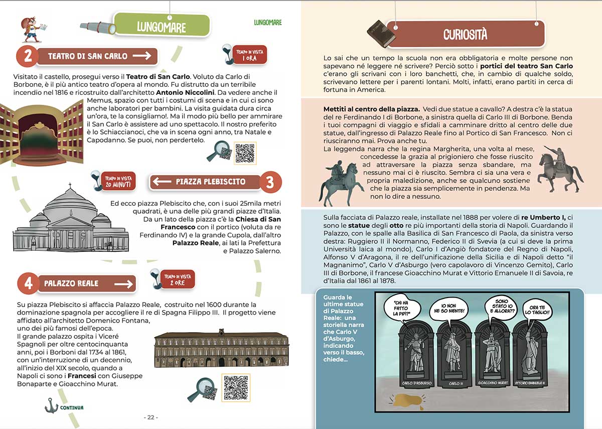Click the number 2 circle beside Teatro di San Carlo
(x=28, y=56)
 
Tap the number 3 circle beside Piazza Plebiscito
(x=270, y=182)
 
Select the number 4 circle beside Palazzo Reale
(x=28, y=283)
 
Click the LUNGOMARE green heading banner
(x=162, y=26)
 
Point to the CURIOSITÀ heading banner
(x=465, y=34)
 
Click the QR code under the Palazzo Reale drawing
(x=236, y=387)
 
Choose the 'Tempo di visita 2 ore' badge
(x=178, y=278)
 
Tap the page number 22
(x=150, y=417)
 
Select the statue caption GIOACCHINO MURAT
(x=492, y=383)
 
